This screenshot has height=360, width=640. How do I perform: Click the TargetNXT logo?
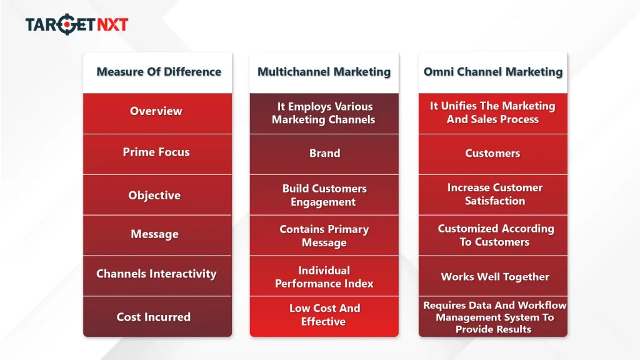pos(77,24)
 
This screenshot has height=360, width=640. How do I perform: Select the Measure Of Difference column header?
pos(158,72)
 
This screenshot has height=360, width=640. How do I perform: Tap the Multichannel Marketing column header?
pos(324,72)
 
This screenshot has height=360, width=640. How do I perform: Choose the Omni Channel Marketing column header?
pos(492,72)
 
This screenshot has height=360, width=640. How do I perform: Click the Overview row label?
pos(156,111)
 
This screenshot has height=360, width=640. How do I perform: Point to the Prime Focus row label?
pos(156,152)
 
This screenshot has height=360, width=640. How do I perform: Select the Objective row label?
pos(154,196)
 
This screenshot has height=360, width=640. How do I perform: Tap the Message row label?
pos(154,234)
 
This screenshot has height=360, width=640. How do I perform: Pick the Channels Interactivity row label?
pos(156,274)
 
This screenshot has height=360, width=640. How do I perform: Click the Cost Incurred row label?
pos(154,317)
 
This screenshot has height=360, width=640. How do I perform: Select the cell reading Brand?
pos(324,153)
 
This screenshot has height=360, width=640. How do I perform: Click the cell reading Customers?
pos(492,153)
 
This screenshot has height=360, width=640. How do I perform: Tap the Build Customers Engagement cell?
pos(324,195)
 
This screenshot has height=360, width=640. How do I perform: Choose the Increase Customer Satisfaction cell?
pos(494,194)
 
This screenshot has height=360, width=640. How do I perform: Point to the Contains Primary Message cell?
pos(324,236)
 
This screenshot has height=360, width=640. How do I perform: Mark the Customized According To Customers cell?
pos(495,235)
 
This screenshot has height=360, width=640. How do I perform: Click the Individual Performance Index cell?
pos(324,277)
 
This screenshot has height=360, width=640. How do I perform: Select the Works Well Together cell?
pos(494,277)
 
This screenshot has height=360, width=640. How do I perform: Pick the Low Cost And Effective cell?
pos(324,315)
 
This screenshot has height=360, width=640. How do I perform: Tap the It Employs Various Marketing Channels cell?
pos(323,113)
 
